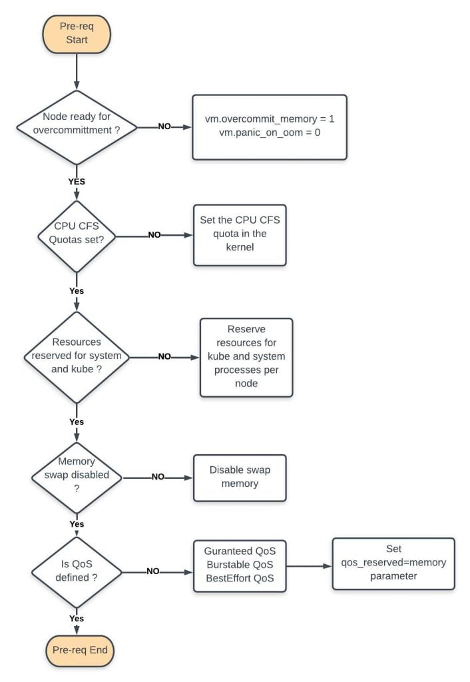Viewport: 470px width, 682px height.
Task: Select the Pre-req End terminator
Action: coord(77,650)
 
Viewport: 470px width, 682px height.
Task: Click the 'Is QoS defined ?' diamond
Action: coord(77,571)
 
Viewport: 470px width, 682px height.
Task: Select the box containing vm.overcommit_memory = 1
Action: coord(269,127)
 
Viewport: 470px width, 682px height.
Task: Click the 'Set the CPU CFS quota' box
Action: coord(239,235)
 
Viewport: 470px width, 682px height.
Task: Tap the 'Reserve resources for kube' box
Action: coord(246,357)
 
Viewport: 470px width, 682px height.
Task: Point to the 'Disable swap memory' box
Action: coord(239,477)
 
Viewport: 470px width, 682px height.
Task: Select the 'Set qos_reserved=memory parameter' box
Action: coord(393,563)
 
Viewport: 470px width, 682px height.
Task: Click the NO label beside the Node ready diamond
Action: coord(164,127)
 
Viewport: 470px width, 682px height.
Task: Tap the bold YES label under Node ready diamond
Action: coord(77,181)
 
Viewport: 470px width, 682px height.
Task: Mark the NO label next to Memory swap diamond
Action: coord(158,477)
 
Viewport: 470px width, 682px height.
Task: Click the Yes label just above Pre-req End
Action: coord(77,619)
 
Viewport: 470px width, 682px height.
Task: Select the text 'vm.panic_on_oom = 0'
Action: coord(269,133)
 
